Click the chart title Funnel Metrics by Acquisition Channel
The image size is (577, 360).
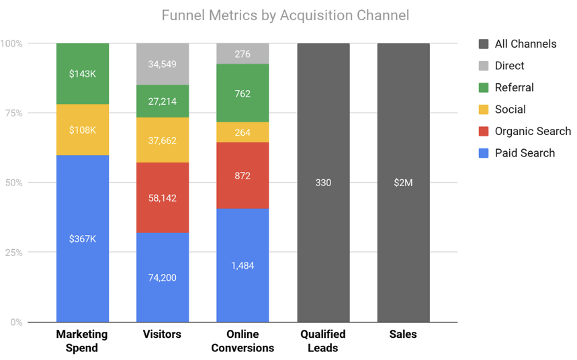[x=285, y=15]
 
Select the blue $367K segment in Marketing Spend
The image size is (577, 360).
[x=83, y=238]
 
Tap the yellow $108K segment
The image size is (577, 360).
[x=83, y=130]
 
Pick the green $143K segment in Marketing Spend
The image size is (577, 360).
[x=83, y=74]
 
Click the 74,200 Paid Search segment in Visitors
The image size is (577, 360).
[x=163, y=277]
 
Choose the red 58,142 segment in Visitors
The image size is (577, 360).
[x=163, y=197]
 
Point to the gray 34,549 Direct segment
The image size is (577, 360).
[x=163, y=64]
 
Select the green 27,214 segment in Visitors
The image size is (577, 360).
[x=163, y=101]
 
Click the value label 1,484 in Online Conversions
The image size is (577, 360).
[x=242, y=266]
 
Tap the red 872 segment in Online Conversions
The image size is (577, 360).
[x=242, y=175]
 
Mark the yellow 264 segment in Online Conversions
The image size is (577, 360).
[x=242, y=132]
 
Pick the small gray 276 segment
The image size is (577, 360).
[x=242, y=54]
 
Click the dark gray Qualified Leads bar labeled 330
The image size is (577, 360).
[x=323, y=183]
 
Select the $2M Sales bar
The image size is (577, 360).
[x=403, y=183]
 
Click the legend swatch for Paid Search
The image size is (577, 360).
[x=483, y=153]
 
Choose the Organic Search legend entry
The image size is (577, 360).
[x=532, y=131]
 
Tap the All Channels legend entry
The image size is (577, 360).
[x=525, y=44]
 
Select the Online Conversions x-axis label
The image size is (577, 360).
[x=242, y=341]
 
